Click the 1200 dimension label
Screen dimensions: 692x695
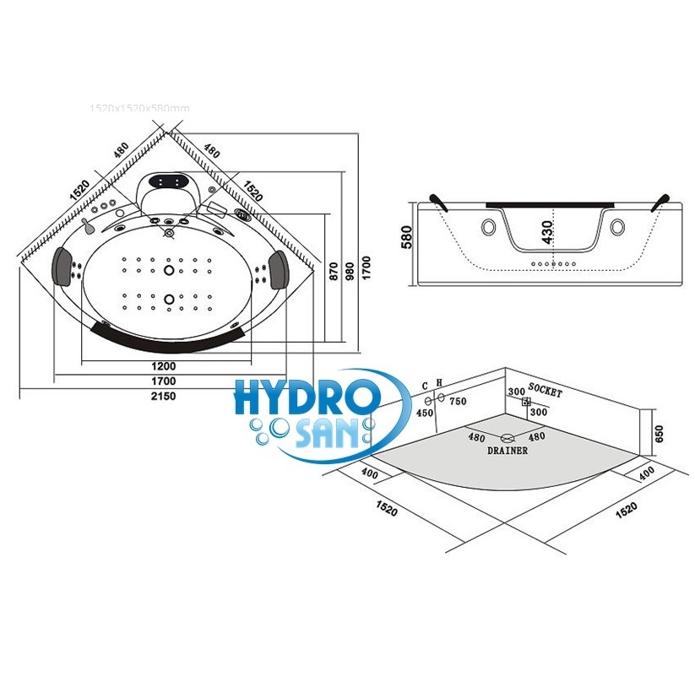click(164, 366)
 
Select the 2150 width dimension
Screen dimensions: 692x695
click(164, 397)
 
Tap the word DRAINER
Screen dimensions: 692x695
click(507, 451)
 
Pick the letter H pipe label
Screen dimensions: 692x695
click(438, 384)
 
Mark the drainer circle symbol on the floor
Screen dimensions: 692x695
click(507, 438)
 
